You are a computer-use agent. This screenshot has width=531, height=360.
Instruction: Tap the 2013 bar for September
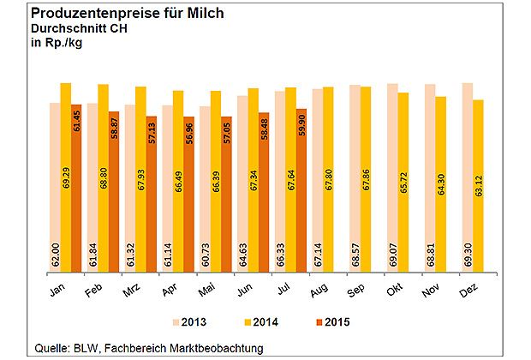pos(355,180)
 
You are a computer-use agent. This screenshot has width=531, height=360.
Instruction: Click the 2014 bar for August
pos(328,182)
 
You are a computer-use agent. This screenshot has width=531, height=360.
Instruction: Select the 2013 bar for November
pos(429,180)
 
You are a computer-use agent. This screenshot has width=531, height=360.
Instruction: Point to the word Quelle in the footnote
pos(49,346)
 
